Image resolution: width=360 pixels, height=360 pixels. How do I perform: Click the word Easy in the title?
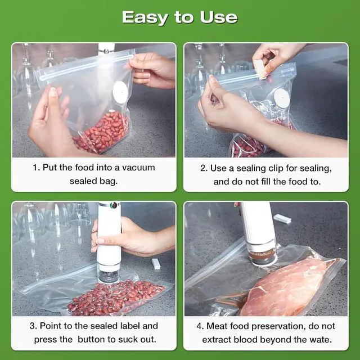(x=145, y=17)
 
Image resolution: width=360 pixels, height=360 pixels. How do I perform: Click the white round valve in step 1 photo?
(x=120, y=90)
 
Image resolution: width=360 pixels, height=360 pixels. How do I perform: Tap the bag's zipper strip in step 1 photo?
(x=84, y=66)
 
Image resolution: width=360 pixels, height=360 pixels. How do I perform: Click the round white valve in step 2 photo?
(x=281, y=99)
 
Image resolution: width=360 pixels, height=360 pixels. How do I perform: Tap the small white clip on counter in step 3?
(x=156, y=263)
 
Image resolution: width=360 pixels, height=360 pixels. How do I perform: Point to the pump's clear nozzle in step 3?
(x=108, y=273)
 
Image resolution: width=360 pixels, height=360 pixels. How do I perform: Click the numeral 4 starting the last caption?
(x=200, y=326)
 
